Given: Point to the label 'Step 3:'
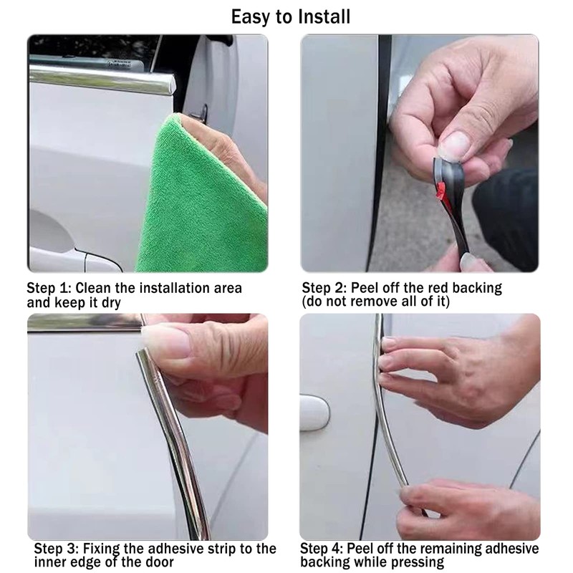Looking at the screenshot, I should click(57, 549).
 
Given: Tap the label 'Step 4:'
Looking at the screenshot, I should click(324, 549).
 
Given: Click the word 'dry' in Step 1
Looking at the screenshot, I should click(110, 302).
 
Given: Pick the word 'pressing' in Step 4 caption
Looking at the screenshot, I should click(417, 563).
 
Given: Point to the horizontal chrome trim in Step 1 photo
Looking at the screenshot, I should click(93, 74).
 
